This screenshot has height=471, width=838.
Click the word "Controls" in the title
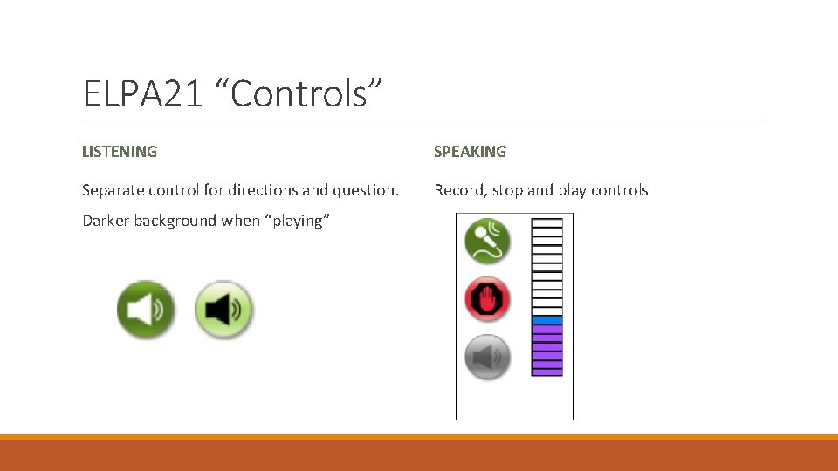306,93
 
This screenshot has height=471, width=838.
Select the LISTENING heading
120,152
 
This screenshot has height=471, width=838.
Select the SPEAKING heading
470,152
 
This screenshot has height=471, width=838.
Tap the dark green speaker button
146,309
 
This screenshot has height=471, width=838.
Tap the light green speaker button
223,309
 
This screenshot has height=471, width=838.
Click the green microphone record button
487,241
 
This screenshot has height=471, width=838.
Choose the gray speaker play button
487,357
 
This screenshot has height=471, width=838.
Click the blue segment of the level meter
547,320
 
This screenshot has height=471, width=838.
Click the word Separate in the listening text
113,190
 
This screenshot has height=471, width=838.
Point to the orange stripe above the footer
419,437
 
